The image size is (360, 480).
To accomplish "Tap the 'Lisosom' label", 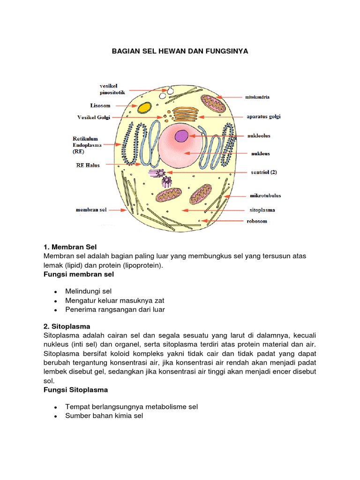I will [x=100, y=106].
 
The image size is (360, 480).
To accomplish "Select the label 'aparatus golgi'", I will [x=263, y=117].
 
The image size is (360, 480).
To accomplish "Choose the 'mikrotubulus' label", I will [x=265, y=195].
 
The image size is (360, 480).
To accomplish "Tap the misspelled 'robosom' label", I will [x=257, y=221].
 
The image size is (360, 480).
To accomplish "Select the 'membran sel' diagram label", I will [x=91, y=210].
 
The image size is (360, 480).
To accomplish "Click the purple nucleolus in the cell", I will [x=181, y=136].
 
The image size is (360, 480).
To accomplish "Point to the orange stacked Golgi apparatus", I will [x=185, y=115].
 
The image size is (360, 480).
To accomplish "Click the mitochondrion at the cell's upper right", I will [x=213, y=103].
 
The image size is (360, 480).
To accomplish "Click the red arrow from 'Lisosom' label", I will [x=124, y=106].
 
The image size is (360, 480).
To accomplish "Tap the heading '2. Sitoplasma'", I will [x=67, y=326].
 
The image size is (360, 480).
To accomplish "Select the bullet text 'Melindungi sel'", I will [x=89, y=291].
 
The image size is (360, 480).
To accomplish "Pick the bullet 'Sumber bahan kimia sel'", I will [x=104, y=416].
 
